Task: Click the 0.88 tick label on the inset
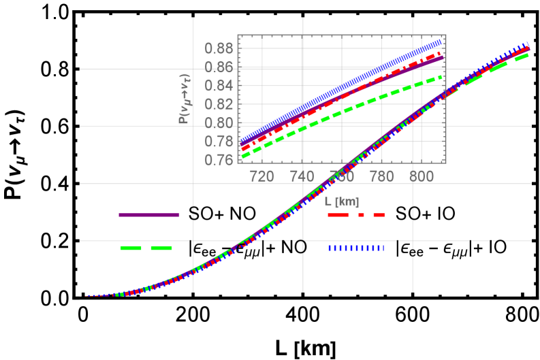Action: point(219,48)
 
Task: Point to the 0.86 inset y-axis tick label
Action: point(219,67)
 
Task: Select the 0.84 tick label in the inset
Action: point(219,86)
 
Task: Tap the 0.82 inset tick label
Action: point(219,104)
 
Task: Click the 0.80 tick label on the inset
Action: point(219,123)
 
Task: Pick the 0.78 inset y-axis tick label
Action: point(219,142)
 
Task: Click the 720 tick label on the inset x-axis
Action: point(262,176)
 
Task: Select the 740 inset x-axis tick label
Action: point(302,176)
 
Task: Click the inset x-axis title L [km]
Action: point(342,201)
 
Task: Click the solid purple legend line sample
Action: point(149,215)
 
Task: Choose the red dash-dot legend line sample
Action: point(356,215)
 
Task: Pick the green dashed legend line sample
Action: point(146,248)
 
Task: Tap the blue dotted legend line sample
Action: point(356,248)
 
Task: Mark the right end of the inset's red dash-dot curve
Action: point(440,52)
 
